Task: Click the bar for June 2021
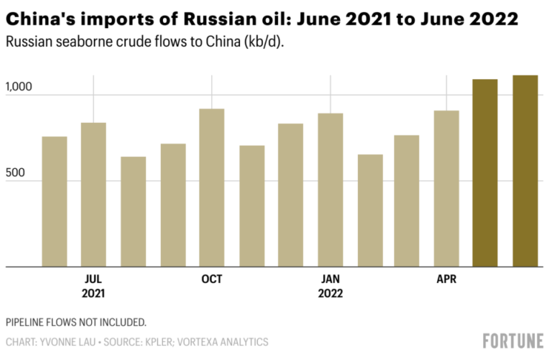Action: pos(54,201)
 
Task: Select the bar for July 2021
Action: pos(93,194)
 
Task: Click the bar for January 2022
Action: pos(330,190)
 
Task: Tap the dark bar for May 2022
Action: pos(485,173)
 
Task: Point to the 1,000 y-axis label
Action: pos(20,87)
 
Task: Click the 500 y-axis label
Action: pos(16,173)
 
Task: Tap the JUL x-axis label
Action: pos(93,279)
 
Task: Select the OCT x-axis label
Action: pos(212,279)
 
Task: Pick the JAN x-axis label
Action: pos(330,279)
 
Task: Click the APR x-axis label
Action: pos(446,279)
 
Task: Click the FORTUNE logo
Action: pos(513,341)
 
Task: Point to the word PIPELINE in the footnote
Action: pos(27,322)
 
